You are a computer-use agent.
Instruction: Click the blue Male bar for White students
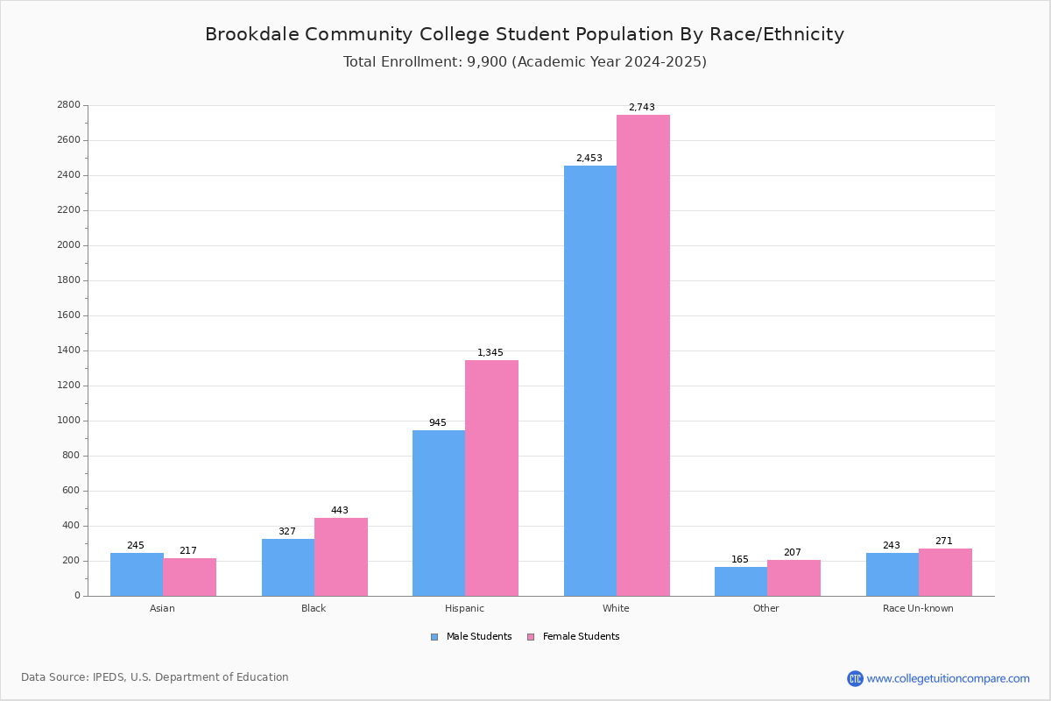[590, 381]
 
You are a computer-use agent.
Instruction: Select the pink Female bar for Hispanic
[491, 478]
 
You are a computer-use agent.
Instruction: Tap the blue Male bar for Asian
[137, 575]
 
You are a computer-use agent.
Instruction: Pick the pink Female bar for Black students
[341, 556]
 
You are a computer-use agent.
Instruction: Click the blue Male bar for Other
[741, 582]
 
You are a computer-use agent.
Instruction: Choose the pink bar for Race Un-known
[945, 572]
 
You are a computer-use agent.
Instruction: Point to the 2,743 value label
[642, 107]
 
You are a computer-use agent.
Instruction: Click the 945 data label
[438, 422]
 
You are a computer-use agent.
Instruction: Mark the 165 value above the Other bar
[740, 559]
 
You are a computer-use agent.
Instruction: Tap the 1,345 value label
[490, 352]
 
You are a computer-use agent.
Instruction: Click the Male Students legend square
[434, 637]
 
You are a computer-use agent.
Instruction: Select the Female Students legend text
[581, 636]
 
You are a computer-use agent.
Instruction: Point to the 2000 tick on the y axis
[68, 245]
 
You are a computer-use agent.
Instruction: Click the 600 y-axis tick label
[71, 490]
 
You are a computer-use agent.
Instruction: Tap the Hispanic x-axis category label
[464, 608]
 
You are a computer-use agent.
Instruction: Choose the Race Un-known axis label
[918, 608]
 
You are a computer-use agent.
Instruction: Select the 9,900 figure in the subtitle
[487, 62]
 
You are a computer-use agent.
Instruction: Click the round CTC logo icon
[855, 678]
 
